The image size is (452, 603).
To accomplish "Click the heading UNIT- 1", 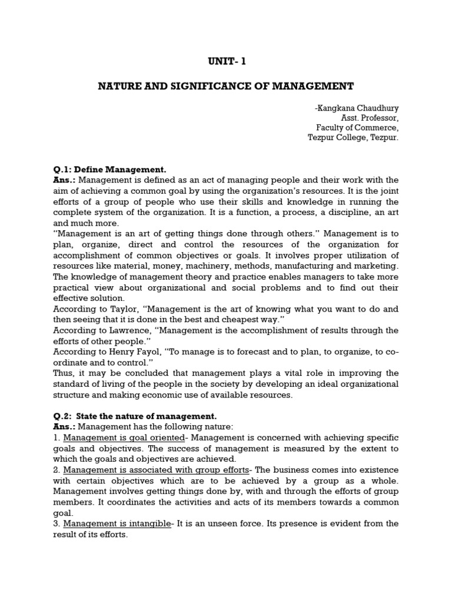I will click(225, 61).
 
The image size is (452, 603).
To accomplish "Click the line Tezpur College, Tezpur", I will click(353, 138).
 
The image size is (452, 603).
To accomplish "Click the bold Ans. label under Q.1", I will click(64, 180).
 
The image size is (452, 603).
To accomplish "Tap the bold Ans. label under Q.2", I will click(64, 427).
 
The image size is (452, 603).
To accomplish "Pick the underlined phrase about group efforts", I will click(157, 470).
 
